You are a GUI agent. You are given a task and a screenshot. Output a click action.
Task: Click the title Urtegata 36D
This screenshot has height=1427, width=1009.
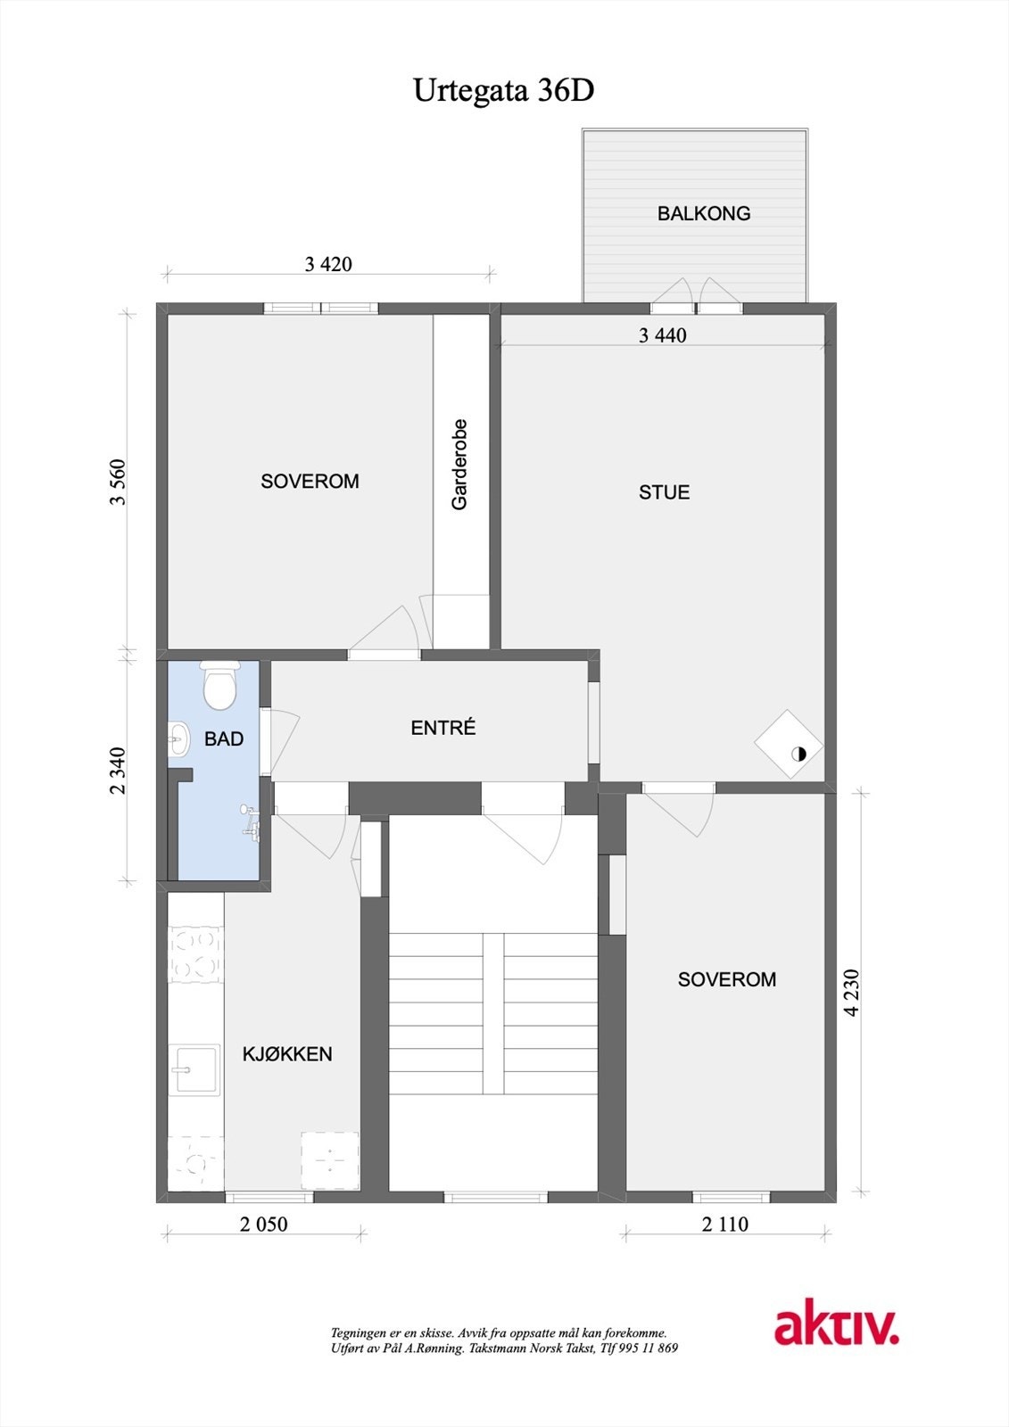(503, 91)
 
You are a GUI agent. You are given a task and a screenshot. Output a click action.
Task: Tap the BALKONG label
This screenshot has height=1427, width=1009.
(703, 213)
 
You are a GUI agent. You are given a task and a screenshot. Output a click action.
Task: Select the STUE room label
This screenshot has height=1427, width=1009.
(664, 492)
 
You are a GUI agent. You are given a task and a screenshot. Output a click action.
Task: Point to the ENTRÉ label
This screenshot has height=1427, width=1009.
(443, 728)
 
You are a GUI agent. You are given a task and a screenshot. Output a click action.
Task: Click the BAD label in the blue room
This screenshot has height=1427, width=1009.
(224, 738)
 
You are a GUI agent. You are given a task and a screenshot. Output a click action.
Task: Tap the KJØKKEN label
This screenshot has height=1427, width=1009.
(287, 1054)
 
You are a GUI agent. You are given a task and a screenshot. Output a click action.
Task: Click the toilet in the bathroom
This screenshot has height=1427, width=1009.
(219, 685)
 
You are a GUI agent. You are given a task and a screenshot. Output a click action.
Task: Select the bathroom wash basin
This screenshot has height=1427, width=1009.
(178, 738)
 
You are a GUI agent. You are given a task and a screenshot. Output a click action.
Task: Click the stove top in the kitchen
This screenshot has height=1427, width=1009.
(195, 954)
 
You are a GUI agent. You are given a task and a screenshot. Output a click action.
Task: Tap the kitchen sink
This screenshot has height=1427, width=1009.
(195, 1068)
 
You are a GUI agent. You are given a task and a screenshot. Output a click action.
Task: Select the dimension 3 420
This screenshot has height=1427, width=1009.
(328, 264)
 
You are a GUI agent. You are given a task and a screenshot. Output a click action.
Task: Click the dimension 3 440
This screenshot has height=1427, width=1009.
(663, 336)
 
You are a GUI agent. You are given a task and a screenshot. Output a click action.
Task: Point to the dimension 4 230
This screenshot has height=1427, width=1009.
(852, 992)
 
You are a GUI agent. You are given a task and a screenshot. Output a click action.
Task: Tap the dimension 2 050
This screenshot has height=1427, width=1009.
(264, 1224)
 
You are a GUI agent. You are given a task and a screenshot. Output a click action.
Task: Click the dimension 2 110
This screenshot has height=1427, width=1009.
(724, 1224)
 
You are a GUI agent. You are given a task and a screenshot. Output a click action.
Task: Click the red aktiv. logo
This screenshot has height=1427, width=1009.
(836, 1326)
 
